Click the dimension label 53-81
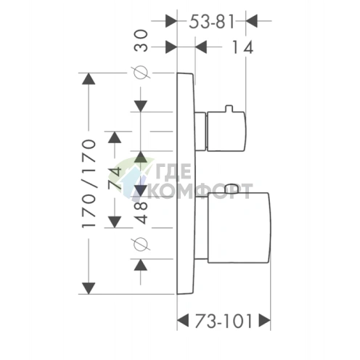(x=212, y=22)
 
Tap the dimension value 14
(x=242, y=47)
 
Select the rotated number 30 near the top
(x=141, y=41)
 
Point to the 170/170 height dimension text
(x=89, y=184)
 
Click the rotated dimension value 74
(x=115, y=179)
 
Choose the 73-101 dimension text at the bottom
(x=224, y=322)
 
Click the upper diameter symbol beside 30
(x=141, y=73)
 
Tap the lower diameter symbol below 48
(x=141, y=244)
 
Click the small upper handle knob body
(x=226, y=131)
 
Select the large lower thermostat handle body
(x=238, y=228)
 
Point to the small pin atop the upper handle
(x=229, y=109)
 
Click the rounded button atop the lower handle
(x=232, y=189)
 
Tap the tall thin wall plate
(x=186, y=184)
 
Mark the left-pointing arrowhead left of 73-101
(x=183, y=321)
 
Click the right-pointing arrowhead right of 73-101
(x=264, y=321)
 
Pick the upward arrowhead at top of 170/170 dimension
(x=89, y=78)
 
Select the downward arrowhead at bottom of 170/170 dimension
(x=89, y=288)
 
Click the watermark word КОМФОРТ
(x=200, y=191)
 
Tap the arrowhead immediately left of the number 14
(x=201, y=47)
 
